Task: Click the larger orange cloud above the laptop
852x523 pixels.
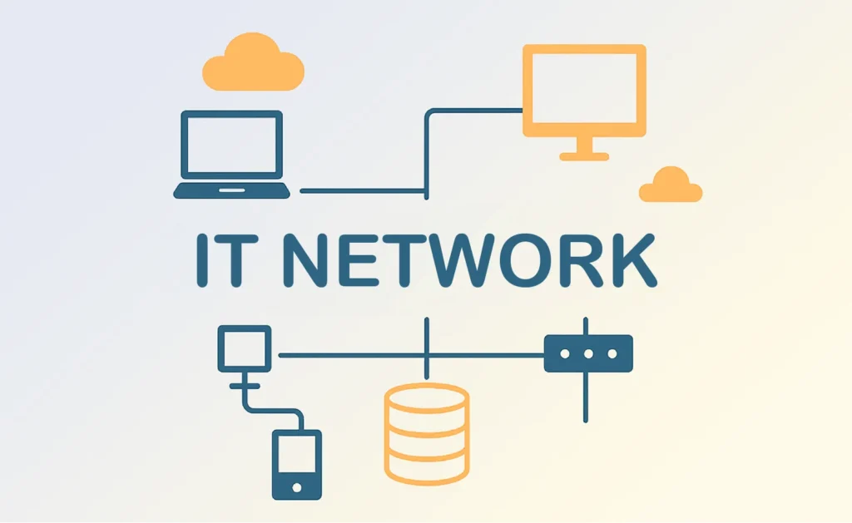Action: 253,62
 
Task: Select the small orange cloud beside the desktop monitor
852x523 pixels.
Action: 671,185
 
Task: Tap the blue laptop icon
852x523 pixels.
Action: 231,155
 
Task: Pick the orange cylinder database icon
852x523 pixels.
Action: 427,434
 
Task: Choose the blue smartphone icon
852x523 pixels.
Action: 297,465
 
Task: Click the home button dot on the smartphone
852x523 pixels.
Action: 297,488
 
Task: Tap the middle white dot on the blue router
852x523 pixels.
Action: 588,354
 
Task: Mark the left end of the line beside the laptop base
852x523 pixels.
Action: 301,191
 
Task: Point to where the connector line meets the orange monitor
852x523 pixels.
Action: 523,111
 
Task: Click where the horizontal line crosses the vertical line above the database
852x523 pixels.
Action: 427,356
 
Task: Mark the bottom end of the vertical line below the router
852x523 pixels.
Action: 585,421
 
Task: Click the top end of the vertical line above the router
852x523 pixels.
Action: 585,318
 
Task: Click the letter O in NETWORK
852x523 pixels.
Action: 526,260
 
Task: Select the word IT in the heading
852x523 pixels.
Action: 220,260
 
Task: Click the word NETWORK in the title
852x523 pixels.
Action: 471,260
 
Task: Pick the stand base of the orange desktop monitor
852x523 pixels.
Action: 584,156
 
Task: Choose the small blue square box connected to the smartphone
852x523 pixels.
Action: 245,348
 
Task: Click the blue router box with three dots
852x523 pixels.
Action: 588,353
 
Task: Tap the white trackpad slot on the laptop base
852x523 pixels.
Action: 232,190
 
